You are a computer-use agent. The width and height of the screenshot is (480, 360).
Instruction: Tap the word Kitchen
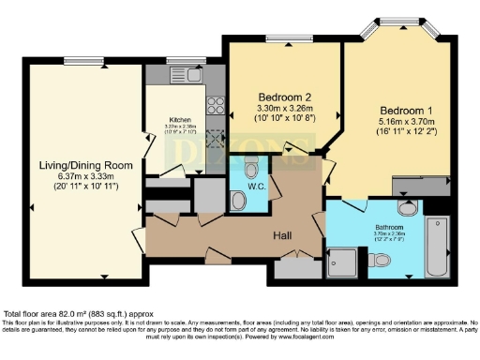[x=180, y=119]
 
